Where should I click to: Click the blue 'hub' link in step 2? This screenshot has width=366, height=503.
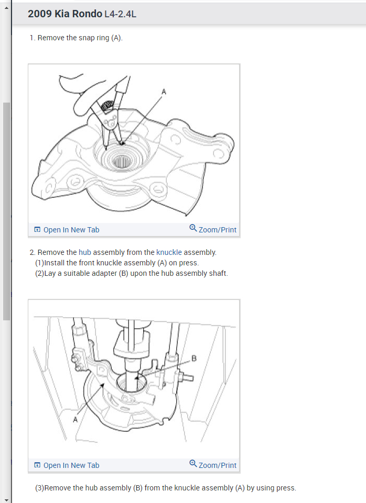85,252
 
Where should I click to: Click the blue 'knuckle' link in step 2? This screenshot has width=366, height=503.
169,252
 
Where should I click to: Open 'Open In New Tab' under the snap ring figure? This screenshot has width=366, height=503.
67,230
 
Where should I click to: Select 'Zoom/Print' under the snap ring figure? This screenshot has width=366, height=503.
213,229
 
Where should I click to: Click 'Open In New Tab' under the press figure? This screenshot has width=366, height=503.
67,465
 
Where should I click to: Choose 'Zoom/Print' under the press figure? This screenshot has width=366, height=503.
213,465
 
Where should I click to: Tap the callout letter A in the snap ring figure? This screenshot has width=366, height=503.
164,92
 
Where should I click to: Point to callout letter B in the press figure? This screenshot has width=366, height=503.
194,359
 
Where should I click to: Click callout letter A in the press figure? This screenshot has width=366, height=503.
75,419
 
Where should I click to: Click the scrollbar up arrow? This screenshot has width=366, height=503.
6,7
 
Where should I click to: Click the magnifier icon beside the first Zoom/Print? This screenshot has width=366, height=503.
193,228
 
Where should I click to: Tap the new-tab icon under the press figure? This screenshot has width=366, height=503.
37,465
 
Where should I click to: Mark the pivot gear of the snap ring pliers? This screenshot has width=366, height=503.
106,106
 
